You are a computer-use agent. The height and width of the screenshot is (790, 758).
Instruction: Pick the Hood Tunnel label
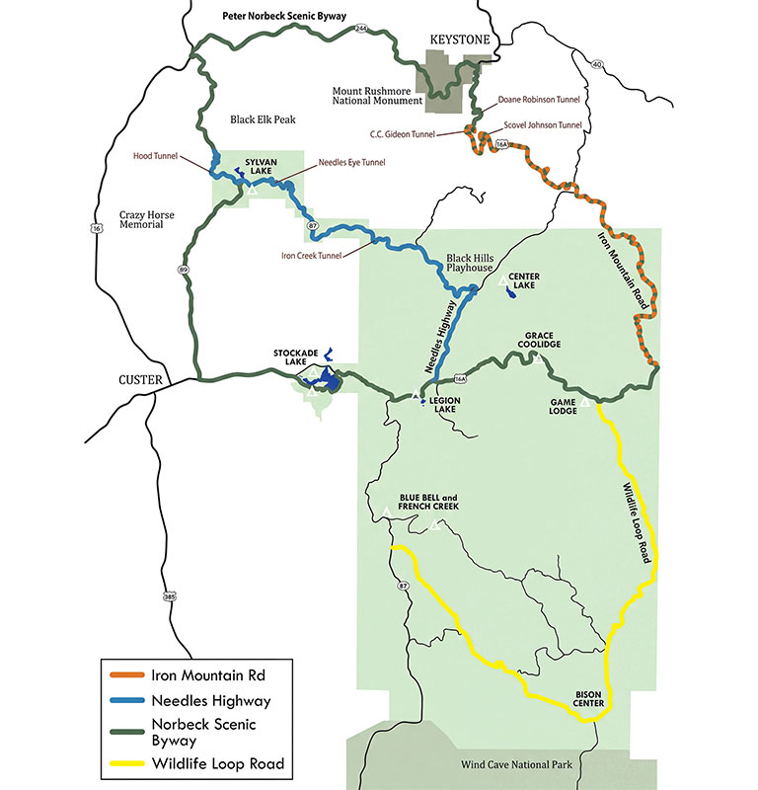[155, 155]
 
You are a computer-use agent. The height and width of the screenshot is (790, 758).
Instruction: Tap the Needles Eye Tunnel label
[351, 162]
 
